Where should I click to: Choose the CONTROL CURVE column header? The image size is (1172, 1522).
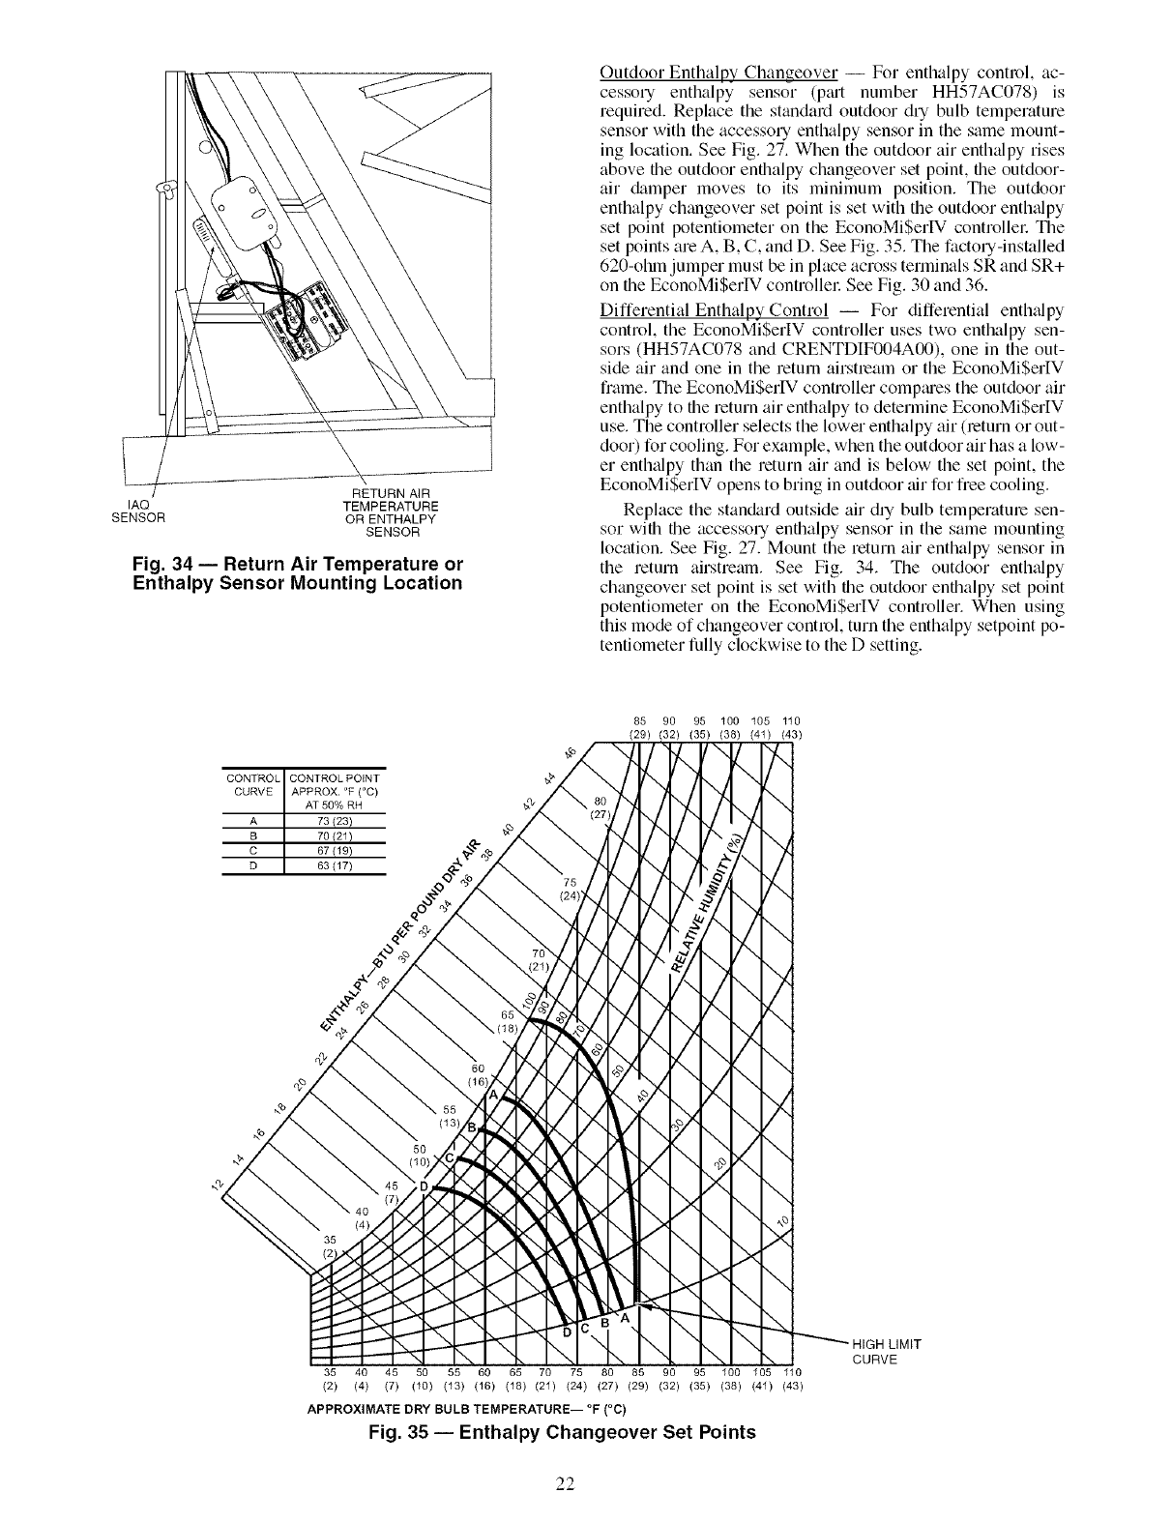point(251,783)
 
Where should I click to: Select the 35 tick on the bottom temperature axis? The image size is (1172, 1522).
point(328,1373)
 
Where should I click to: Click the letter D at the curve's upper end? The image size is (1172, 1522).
point(423,1186)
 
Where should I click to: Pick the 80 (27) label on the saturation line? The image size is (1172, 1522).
point(599,807)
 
